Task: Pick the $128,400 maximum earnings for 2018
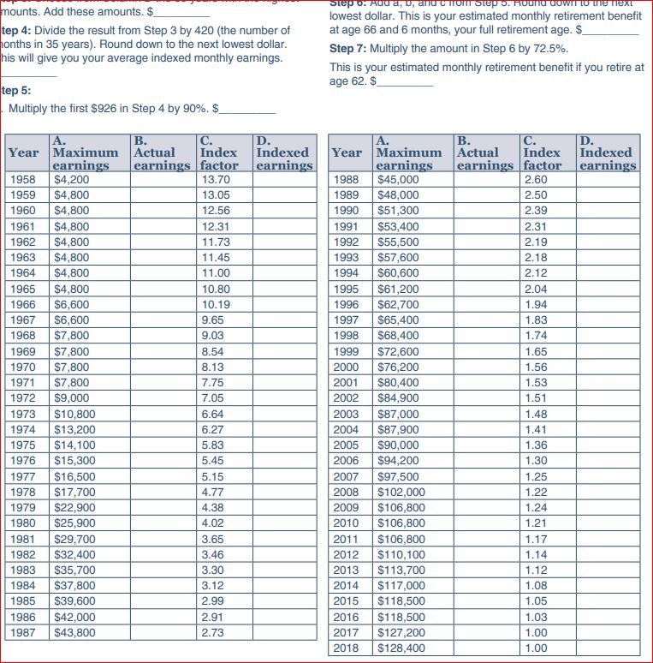[x=401, y=648]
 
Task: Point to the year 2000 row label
[x=346, y=367]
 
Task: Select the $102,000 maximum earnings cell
[x=401, y=492]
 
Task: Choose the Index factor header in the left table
[x=218, y=152]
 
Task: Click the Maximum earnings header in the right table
[x=409, y=152]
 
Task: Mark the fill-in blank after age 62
[x=407, y=81]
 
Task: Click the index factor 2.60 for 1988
[x=536, y=180]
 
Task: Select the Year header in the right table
[x=347, y=152]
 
